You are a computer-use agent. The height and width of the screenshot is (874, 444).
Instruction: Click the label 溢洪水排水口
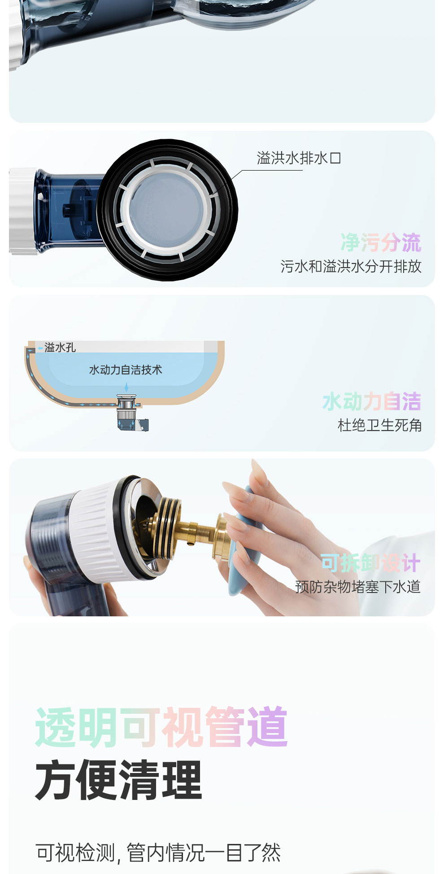tap(299, 158)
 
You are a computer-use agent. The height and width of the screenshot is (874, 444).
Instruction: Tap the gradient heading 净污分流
tap(381, 243)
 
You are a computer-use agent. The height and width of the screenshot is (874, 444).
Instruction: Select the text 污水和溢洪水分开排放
tap(351, 267)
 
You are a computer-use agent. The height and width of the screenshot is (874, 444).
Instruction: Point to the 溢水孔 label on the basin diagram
tap(60, 347)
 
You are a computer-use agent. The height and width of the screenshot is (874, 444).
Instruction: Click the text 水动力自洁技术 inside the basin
tap(126, 370)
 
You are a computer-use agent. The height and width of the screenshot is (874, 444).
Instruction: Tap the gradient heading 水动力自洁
tap(372, 401)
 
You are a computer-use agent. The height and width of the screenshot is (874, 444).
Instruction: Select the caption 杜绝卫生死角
tap(379, 425)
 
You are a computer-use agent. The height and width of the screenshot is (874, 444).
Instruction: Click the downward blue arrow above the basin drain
tap(126, 387)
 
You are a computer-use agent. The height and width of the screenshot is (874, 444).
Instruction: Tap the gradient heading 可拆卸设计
tap(370, 563)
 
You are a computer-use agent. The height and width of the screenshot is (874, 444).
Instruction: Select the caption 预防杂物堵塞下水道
tap(358, 587)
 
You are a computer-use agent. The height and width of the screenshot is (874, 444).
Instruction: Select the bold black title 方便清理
tap(119, 780)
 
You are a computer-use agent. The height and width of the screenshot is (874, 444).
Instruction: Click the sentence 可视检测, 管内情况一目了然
tap(158, 852)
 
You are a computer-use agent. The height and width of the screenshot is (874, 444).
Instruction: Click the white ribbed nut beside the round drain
tap(22, 211)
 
